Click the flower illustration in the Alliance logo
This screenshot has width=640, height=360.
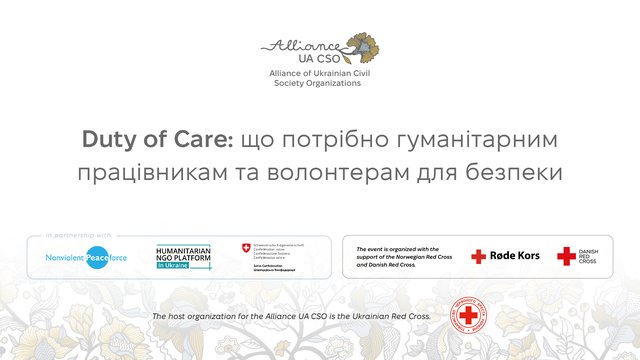[362, 46]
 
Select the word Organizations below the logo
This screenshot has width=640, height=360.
[332, 85]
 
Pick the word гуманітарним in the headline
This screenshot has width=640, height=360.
[479, 138]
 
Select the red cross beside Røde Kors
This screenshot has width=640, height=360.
[479, 256]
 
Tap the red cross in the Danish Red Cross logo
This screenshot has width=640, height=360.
[566, 256]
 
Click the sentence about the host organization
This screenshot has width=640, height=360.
[291, 316]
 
